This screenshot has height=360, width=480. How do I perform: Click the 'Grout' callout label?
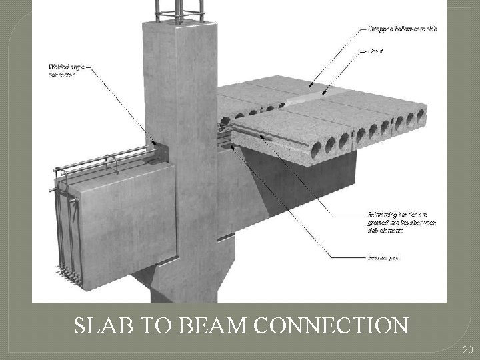coord(375,50)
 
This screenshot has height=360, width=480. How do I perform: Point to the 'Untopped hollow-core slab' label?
coord(402,29)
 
